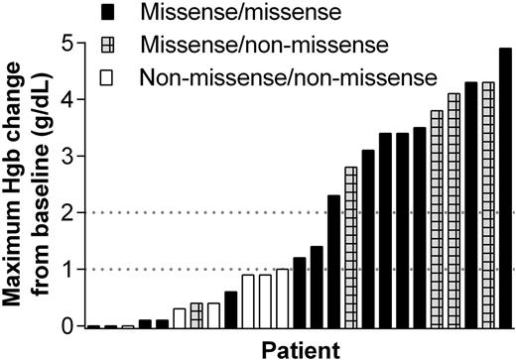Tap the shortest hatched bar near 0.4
[x=196, y=314]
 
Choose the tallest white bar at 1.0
[x=282, y=298]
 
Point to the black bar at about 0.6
[x=230, y=308]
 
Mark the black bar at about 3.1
[x=368, y=238]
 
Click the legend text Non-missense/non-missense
[x=288, y=76]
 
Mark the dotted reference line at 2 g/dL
[x=198, y=212]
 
